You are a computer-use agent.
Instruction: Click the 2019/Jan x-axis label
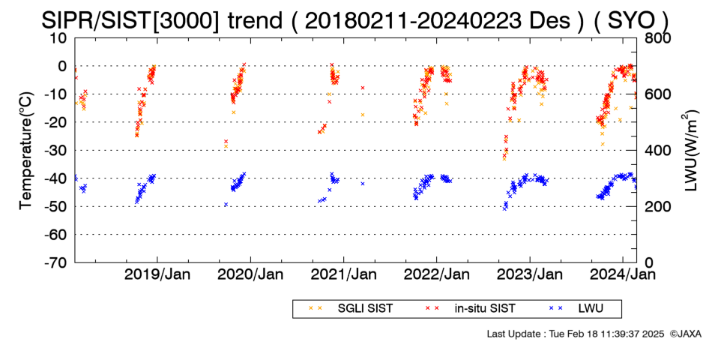[x=157, y=274]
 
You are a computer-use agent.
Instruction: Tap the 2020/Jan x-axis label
[x=250, y=274]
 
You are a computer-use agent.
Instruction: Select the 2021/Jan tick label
[x=343, y=274]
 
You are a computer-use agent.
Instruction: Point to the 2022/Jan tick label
[x=437, y=274]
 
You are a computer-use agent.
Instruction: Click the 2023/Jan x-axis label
[x=530, y=274]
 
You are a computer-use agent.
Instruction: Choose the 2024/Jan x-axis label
[x=623, y=274]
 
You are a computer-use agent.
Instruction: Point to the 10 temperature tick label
[x=58, y=38]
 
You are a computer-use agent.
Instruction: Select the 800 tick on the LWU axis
[x=657, y=38]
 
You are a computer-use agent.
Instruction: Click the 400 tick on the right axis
[x=657, y=151]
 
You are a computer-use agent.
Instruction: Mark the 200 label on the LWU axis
[x=657, y=207]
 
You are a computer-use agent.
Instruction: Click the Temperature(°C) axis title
[x=26, y=151]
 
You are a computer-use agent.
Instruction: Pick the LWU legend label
[x=591, y=309]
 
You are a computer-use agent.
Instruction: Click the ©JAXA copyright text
[x=685, y=334]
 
